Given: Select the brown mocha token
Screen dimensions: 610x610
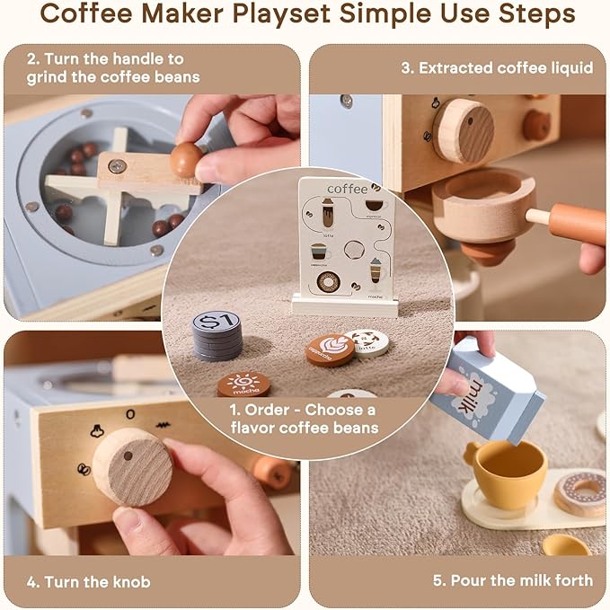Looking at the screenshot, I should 243,385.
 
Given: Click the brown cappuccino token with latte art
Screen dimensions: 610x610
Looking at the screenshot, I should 330,349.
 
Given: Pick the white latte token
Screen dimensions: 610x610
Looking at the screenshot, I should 366,341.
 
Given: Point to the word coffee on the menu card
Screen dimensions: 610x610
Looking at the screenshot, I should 347,189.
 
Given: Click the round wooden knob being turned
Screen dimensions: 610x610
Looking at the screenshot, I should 132,466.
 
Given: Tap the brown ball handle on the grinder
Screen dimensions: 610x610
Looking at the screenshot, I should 187,159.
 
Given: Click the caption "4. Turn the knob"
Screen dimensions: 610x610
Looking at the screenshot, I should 89,580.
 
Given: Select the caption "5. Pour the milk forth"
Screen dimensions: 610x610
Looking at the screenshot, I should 512,580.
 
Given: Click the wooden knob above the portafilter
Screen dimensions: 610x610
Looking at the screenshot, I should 463,130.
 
